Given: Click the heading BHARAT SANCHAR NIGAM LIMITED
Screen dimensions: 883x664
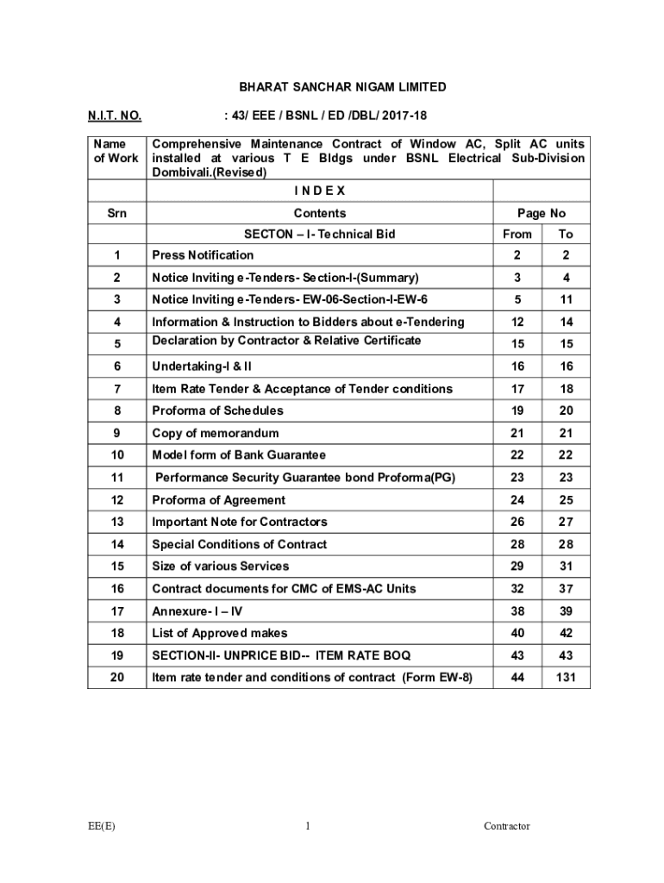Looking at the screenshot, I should click(342, 87).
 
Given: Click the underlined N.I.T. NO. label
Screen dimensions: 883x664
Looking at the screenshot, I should click(115, 116).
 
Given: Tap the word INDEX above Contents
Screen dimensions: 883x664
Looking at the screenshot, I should click(319, 191).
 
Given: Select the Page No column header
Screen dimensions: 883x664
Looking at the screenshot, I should click(541, 213).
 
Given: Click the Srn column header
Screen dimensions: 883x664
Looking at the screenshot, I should click(116, 213).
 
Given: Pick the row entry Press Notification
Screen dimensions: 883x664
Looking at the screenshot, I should click(204, 255).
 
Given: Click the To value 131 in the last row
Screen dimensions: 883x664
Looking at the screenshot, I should click(566, 678).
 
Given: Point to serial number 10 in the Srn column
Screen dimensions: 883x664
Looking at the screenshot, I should click(116, 455).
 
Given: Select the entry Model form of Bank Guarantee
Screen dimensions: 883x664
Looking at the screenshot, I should click(239, 455).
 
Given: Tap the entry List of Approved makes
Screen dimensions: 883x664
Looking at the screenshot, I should click(220, 634).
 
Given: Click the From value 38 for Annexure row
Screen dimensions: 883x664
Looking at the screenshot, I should click(517, 611).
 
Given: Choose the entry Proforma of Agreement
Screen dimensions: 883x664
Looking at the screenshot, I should click(219, 500).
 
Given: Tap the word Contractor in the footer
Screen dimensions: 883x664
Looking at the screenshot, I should click(507, 826).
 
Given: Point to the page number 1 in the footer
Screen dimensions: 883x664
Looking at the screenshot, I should click(308, 826).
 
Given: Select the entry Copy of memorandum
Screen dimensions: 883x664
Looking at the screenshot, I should click(216, 433).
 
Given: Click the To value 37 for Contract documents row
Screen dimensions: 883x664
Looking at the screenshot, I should click(566, 589).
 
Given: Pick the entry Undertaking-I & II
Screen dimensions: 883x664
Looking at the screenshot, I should click(202, 366).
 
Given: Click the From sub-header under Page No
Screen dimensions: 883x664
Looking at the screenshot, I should click(517, 235).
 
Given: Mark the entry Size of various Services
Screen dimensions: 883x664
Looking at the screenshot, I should click(221, 567).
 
